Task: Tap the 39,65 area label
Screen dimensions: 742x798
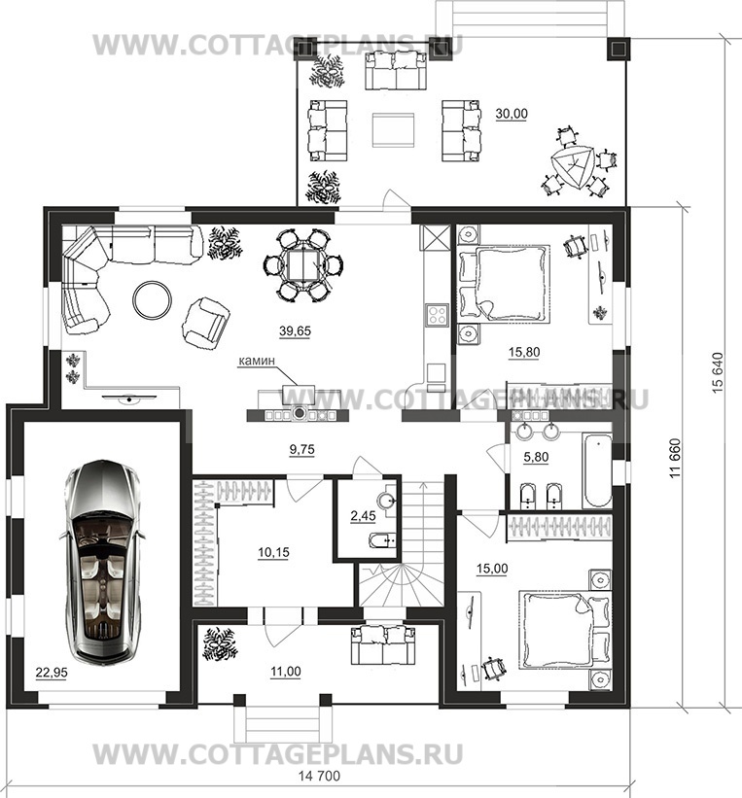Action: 295,331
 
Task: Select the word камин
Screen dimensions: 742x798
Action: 257,361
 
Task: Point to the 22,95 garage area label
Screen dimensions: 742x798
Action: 52,673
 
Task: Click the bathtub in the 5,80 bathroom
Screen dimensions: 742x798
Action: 597,469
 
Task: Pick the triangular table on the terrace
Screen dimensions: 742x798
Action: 572,166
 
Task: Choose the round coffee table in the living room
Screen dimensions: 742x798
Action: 152,299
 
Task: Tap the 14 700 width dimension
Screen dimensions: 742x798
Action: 319,776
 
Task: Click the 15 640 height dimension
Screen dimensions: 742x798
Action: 717,372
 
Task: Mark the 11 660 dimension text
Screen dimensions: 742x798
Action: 675,458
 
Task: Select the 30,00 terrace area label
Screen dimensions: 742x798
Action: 512,114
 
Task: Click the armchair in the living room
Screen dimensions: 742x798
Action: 205,323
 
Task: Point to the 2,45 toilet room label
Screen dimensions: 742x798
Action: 363,515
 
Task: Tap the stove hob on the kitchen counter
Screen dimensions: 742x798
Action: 437,315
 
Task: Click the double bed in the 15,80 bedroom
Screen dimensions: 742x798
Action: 504,283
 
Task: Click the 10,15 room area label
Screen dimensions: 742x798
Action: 273,552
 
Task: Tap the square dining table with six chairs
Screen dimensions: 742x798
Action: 303,265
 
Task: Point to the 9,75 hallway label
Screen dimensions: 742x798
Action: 302,449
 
